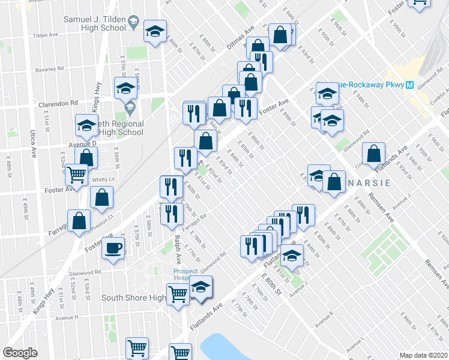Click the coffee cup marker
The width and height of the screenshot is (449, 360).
coord(113,248)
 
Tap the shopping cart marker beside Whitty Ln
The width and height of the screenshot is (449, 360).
coord(77,175)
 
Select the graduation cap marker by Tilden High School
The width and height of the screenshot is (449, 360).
coord(155,31)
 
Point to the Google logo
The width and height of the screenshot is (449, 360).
coord(20,353)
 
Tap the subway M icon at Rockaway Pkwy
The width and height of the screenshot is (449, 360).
coord(409,85)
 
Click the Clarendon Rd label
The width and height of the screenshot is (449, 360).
coord(58,103)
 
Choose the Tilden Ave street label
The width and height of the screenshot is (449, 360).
coord(46,35)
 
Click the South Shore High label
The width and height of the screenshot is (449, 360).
coord(133,298)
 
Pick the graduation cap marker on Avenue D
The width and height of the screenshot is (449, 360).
coord(86,125)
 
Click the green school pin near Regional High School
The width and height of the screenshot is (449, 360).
coord(130,109)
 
